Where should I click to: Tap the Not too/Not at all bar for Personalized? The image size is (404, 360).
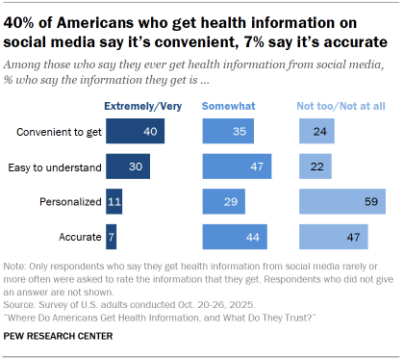pos(342,201)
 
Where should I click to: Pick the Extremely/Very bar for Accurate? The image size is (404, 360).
pos(111,236)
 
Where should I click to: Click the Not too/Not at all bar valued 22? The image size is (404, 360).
pos(315,167)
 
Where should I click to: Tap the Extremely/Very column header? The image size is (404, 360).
pos(143,102)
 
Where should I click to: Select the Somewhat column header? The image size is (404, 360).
pos(227,102)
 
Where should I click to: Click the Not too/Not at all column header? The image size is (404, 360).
pos(340,102)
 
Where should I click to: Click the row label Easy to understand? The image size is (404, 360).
pos(56,167)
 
